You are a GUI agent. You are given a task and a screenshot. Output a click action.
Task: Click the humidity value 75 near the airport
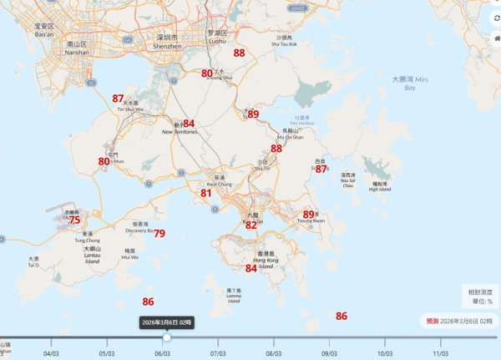click(75, 220)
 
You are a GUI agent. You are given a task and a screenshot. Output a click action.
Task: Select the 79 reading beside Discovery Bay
click(159, 234)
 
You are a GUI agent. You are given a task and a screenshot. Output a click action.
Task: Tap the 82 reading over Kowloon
click(251, 225)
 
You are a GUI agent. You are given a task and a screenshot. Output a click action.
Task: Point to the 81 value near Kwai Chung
click(206, 193)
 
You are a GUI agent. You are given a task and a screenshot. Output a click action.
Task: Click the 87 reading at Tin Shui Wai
click(118, 99)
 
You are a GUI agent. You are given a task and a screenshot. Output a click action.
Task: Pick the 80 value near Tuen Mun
click(104, 161)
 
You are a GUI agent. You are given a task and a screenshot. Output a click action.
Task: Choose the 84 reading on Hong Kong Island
click(251, 268)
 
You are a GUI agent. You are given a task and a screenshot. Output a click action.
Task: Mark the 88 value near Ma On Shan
click(276, 149)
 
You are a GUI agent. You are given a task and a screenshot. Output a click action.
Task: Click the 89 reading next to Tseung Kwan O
click(308, 215)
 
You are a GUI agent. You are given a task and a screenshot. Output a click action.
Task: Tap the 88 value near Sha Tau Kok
click(240, 53)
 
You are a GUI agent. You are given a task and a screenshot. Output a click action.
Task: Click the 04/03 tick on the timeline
click(53, 353)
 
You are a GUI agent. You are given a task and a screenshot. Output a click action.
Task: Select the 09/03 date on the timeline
click(329, 353)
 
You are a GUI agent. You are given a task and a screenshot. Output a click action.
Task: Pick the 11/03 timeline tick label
click(440, 353)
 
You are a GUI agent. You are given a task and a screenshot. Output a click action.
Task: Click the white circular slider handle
click(167, 337)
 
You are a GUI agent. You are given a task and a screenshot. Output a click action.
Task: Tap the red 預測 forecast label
click(433, 321)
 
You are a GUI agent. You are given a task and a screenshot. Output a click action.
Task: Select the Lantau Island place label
click(92, 255)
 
